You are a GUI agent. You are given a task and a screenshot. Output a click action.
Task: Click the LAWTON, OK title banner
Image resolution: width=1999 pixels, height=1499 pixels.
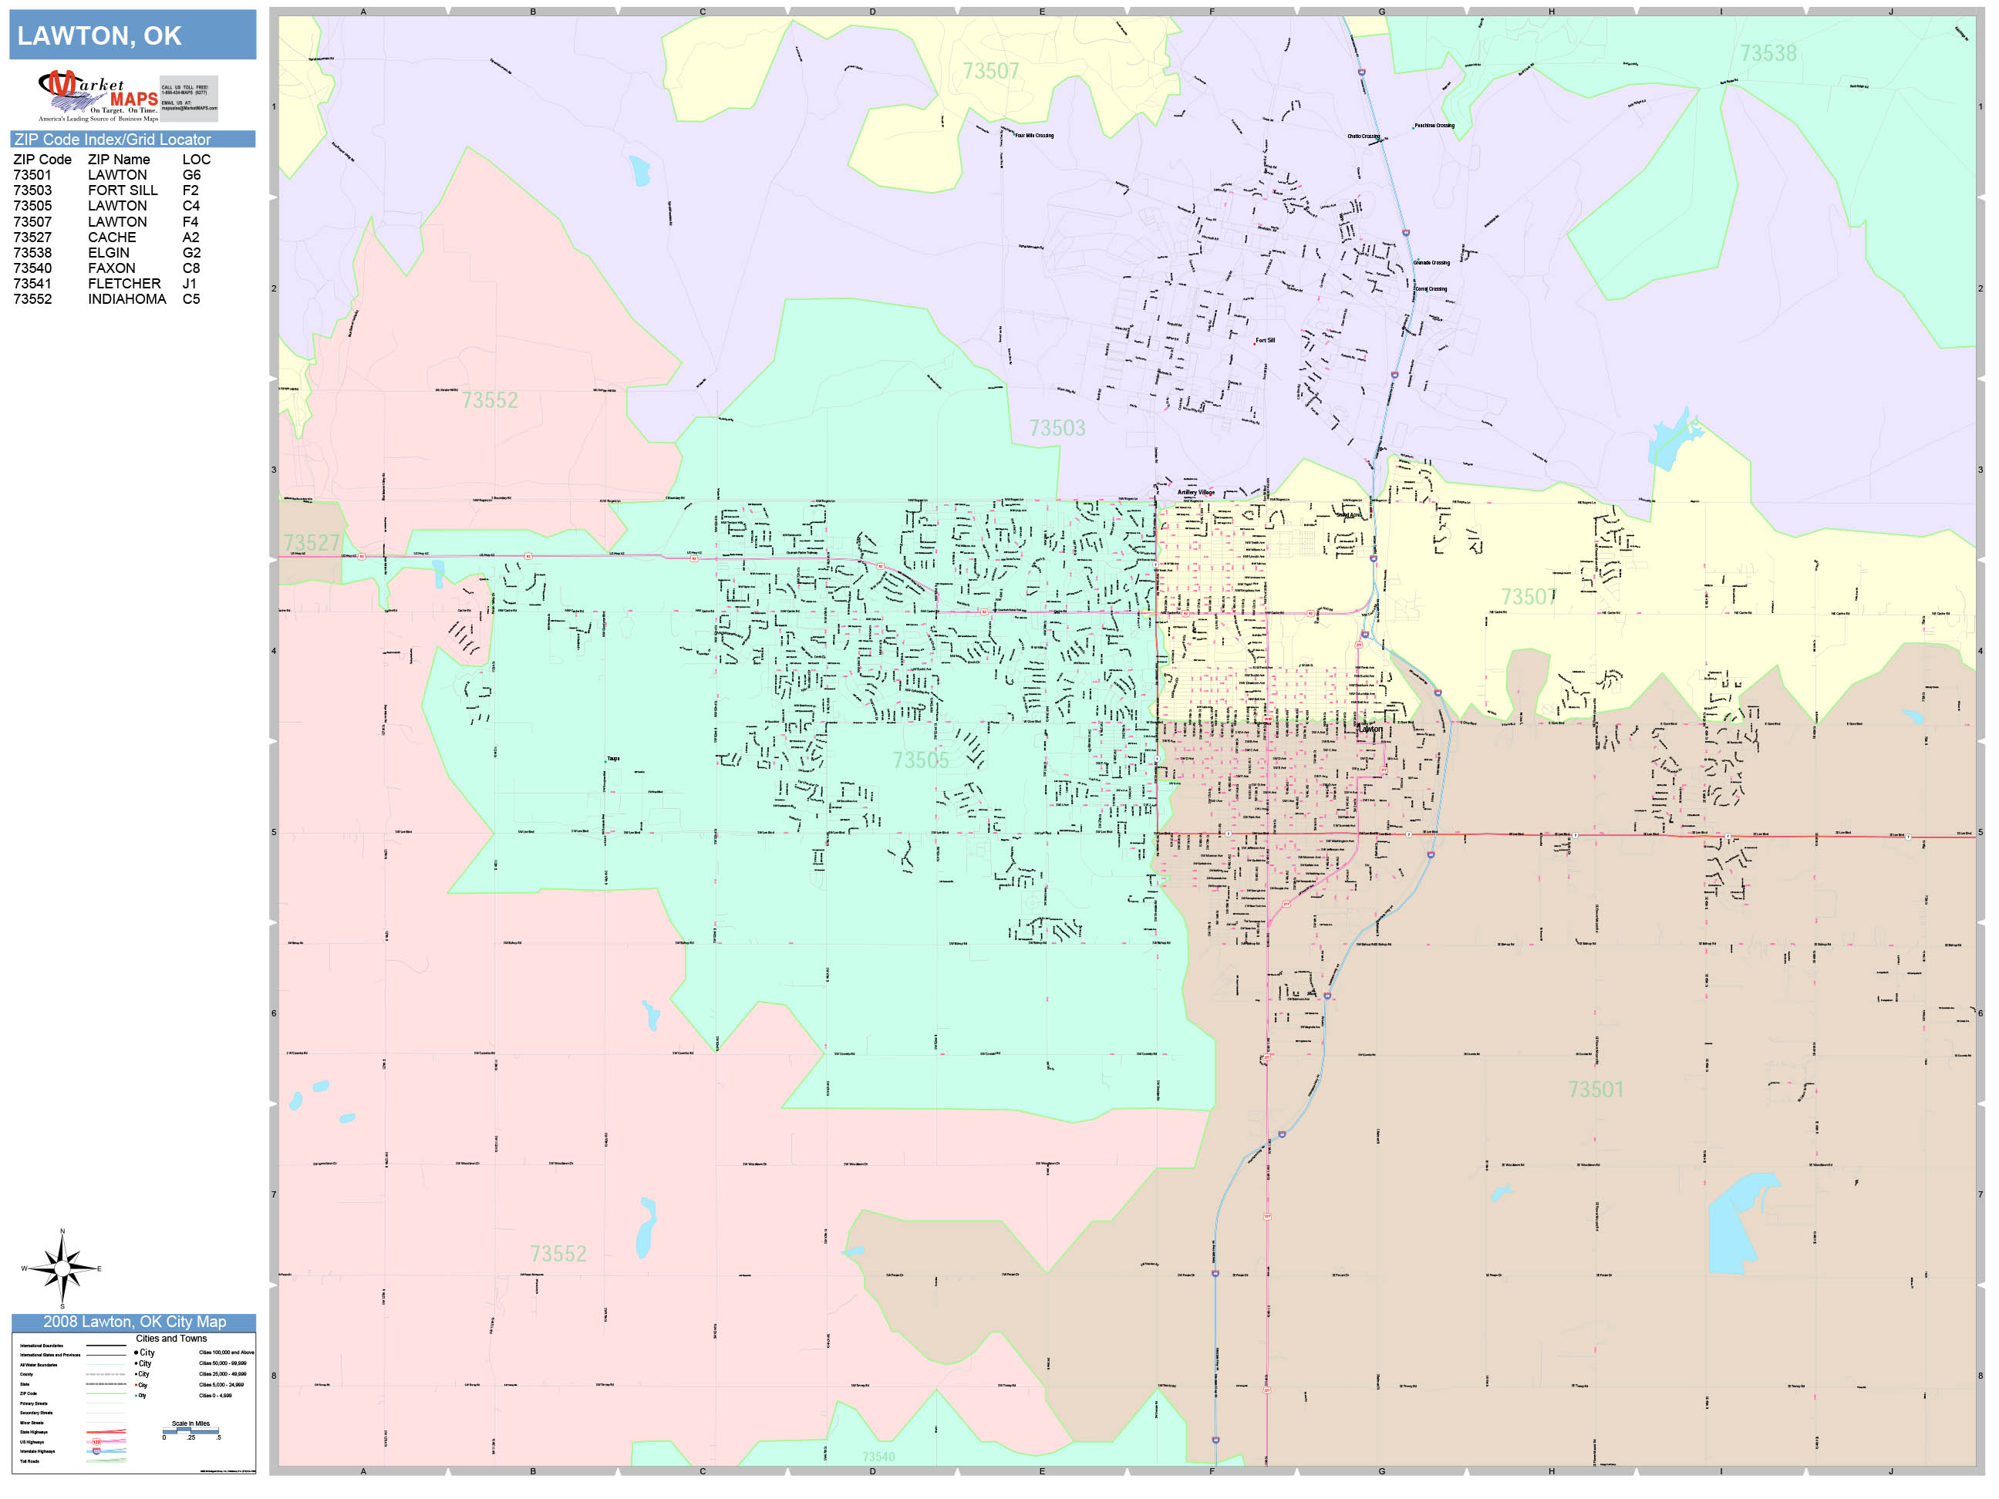tap(132, 35)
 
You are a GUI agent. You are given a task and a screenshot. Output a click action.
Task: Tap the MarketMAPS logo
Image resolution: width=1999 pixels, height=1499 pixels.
tap(99, 96)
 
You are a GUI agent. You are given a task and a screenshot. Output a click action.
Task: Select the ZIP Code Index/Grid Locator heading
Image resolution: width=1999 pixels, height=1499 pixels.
tap(112, 139)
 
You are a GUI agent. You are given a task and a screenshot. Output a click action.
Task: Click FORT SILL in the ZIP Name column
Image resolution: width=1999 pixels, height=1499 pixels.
tap(122, 190)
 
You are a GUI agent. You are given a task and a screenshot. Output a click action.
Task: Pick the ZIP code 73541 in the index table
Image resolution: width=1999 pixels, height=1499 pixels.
tap(32, 284)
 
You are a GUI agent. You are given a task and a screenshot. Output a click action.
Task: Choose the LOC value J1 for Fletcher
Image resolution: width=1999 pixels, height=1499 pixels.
tap(190, 284)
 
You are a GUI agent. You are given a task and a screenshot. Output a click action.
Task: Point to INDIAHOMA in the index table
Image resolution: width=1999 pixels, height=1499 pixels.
tap(126, 299)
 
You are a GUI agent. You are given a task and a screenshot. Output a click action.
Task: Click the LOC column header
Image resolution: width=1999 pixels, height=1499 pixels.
tap(196, 160)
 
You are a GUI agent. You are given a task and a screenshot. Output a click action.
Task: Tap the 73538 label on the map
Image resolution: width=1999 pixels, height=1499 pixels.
tap(1768, 53)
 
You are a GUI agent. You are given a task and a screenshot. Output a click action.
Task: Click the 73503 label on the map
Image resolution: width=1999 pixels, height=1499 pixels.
tap(1057, 428)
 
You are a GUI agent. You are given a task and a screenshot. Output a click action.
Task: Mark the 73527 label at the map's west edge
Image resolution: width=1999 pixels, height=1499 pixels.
tap(312, 543)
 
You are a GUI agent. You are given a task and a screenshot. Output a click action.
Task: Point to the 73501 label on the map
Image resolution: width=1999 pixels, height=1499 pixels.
tap(1596, 1090)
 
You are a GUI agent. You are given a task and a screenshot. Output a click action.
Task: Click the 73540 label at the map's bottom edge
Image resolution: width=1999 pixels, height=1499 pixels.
tap(878, 1457)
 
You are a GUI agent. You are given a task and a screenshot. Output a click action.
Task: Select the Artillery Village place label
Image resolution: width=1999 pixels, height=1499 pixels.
tap(1195, 493)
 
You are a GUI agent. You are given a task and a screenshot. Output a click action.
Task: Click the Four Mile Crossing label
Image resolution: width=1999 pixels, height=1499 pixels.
tap(1034, 136)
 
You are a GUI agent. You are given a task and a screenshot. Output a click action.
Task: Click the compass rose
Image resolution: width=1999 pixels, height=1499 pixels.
tap(62, 1268)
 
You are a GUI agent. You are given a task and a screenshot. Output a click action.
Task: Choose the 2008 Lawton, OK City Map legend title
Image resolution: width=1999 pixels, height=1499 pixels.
tap(133, 1322)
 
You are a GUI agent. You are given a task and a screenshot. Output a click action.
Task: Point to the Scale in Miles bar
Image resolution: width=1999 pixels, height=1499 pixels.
tap(190, 1430)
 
